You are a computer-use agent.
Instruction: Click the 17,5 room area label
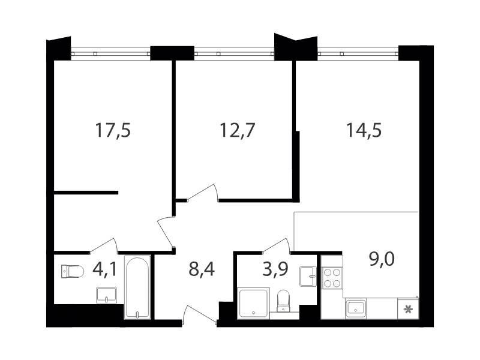pos(113,130)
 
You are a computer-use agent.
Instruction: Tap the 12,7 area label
pos(237,130)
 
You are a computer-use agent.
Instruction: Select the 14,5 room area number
pos(364,130)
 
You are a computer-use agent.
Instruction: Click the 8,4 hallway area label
pos(202,269)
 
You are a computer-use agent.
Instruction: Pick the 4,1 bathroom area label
pos(104,269)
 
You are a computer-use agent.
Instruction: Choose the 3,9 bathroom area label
pos(275,269)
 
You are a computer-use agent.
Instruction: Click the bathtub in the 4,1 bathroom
pos(137,287)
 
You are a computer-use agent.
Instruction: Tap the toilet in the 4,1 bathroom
pos(73,272)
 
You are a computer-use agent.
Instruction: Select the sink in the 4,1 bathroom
pos(106,295)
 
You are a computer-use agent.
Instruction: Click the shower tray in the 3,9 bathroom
pos(254,303)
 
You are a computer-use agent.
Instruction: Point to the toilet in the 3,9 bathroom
pos(283,301)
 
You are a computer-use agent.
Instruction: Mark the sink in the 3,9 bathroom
pos(308,277)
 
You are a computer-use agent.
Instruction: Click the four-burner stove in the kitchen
pos(332,278)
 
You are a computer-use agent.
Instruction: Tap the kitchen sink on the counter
pos(356,308)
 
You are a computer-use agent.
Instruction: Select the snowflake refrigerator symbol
pos(408,309)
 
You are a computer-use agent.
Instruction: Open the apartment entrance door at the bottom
pos(199,314)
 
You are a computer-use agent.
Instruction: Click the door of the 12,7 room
pos(203,193)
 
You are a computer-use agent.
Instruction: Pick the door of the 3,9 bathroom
pos(277,246)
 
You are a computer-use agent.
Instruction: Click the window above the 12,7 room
pos(234,53)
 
